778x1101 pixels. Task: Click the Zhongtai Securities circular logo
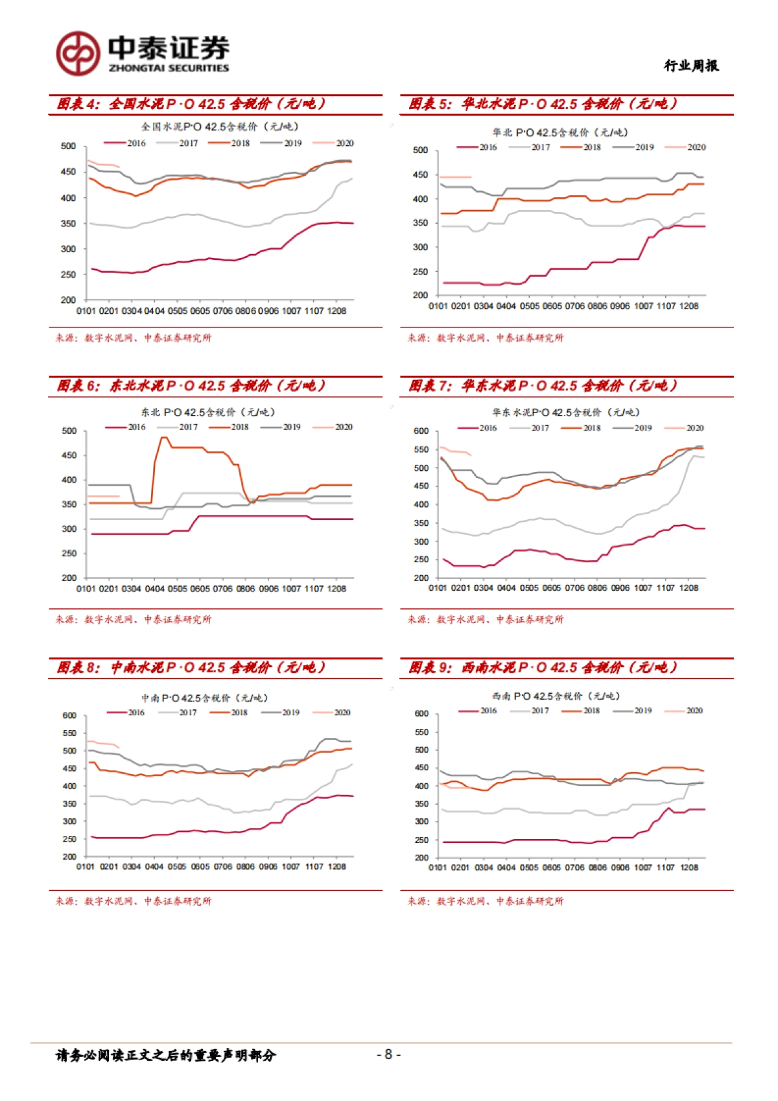click(78, 54)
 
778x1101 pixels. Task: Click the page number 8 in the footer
click(388, 1054)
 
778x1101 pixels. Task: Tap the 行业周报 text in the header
click(691, 65)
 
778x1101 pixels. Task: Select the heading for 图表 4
click(191, 104)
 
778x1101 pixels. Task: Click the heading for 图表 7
click(543, 386)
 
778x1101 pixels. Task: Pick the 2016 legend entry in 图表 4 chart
click(126, 143)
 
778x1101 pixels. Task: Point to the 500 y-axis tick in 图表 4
click(69, 147)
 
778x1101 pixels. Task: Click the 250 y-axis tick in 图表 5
click(420, 272)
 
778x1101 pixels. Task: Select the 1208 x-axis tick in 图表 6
click(336, 589)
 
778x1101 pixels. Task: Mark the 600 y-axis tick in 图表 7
click(421, 431)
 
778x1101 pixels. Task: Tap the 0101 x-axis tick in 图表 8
click(86, 866)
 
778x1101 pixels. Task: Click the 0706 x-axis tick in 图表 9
click(574, 868)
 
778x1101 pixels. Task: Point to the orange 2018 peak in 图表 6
click(163, 438)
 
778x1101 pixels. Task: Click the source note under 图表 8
click(133, 901)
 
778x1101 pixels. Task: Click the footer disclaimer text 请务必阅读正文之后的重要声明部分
click(166, 1056)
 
